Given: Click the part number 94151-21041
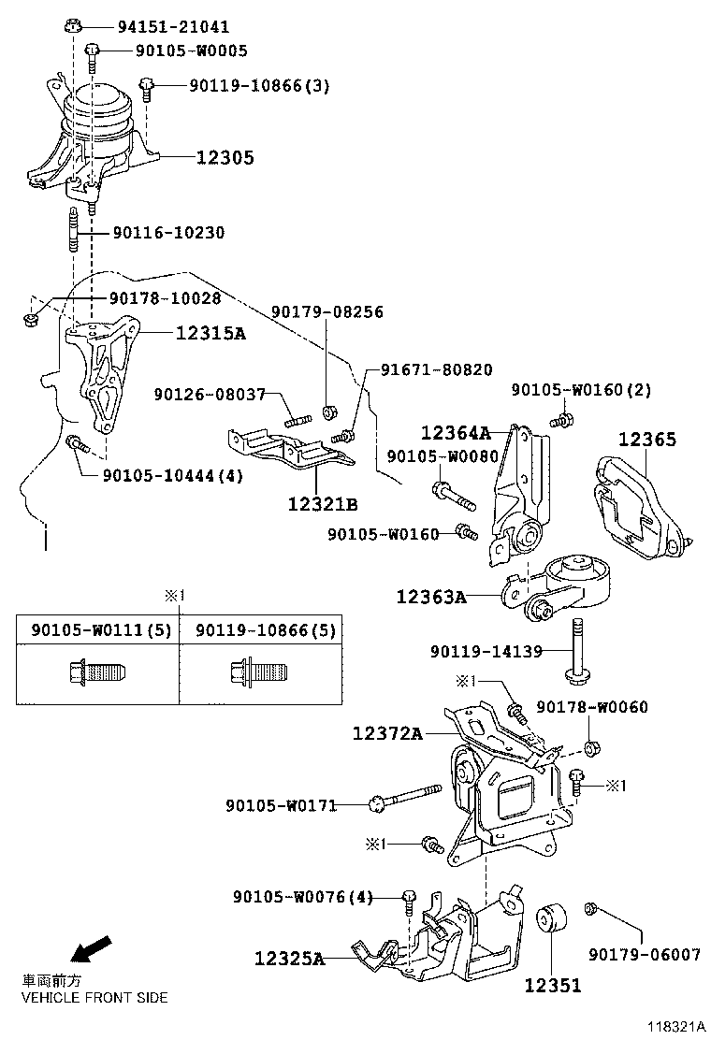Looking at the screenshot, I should tap(173, 27).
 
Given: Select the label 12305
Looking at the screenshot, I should tap(225, 158).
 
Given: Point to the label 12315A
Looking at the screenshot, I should tap(210, 332).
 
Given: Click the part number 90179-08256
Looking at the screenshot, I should tap(327, 311).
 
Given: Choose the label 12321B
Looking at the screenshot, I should tap(323, 505).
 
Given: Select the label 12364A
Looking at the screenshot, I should tap(456, 433).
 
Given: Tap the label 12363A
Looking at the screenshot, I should tap(431, 596).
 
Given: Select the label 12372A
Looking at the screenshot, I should tap(388, 734).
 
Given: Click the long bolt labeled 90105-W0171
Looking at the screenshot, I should tap(407, 798).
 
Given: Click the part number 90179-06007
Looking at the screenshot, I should tap(645, 954).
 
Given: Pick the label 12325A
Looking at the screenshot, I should tap(289, 959).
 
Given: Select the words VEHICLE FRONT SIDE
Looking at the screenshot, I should tap(94, 997).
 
